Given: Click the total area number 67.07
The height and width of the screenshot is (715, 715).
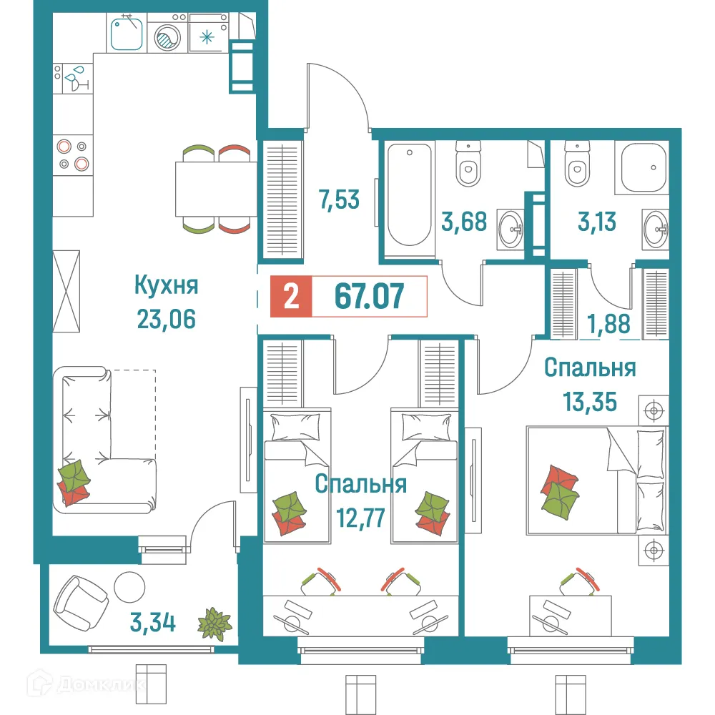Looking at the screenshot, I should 370,296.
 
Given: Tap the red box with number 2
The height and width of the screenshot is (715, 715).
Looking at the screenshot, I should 292,296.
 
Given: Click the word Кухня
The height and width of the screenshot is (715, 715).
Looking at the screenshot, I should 166,285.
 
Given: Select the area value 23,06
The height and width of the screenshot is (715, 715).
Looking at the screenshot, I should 166,317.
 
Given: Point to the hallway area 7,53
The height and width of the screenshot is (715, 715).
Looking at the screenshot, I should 339,199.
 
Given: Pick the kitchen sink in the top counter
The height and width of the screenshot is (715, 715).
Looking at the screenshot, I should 127,33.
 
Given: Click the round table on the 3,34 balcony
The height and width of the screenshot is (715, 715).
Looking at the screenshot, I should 129,587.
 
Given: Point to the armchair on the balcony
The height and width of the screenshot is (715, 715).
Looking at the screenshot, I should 79,601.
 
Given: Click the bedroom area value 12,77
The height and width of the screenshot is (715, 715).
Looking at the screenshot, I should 361,515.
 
